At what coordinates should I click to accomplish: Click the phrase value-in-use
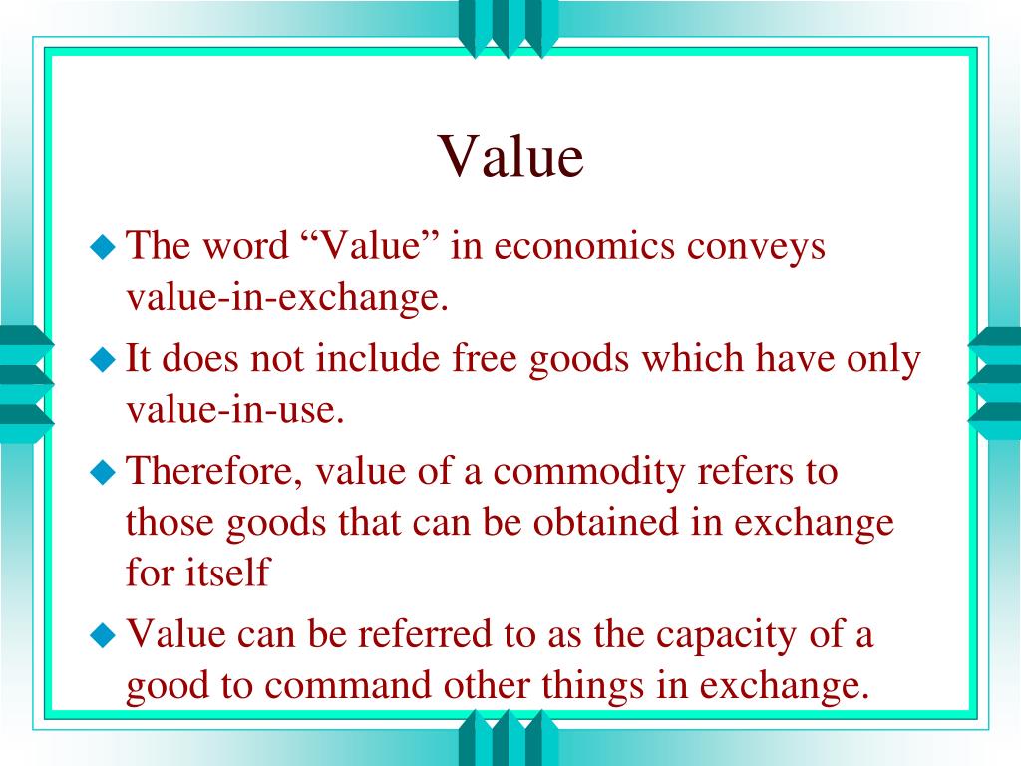(x=235, y=410)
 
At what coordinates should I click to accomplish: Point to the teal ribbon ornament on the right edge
(x=994, y=383)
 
